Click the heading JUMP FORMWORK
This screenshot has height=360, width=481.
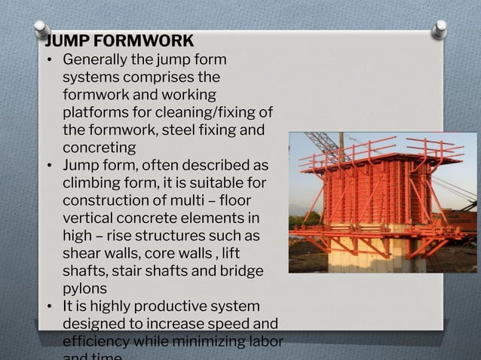pos(119,41)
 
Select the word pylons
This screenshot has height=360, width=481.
pos(84,288)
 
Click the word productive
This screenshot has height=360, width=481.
pos(172,306)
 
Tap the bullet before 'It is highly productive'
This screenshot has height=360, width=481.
pos(49,307)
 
